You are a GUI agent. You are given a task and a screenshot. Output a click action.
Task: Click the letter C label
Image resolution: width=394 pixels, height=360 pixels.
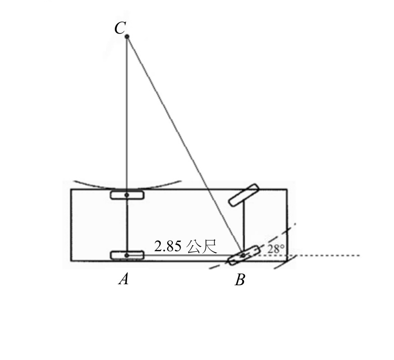(120, 27)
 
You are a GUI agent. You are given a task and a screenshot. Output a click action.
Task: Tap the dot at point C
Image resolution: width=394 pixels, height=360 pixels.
(127, 37)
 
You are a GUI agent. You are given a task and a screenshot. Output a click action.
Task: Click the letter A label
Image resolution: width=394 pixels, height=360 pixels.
(124, 279)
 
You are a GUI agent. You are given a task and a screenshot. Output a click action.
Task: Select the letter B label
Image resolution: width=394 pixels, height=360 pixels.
(240, 280)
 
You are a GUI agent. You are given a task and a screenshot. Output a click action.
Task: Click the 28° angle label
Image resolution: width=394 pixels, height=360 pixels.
(276, 249)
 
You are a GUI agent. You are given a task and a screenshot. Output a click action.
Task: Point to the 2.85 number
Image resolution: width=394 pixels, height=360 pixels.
(167, 246)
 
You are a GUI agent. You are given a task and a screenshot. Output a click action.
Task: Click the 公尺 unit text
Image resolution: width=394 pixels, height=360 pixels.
(201, 247)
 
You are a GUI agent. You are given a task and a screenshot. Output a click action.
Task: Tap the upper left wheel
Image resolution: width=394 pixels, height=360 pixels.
(127, 195)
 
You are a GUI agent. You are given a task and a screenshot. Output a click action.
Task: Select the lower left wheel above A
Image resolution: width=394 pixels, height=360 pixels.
(127, 255)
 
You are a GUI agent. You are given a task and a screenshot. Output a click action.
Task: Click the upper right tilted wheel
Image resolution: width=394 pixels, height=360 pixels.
(244, 195)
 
